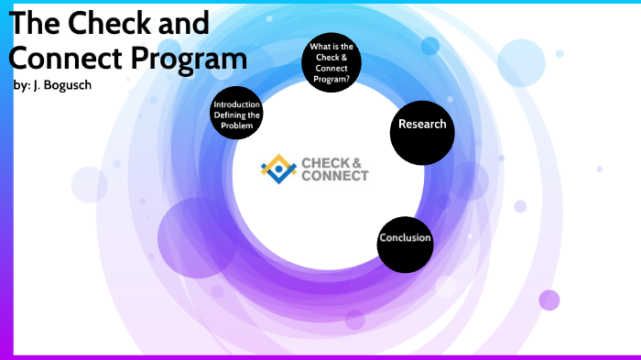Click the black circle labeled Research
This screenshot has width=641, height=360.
point(422,126)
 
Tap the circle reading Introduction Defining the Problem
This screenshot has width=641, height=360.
point(237,114)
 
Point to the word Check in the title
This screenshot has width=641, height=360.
point(121,22)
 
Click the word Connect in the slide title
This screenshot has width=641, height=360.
point(63,58)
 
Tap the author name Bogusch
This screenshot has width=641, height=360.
point(72,85)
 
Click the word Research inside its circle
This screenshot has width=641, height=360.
point(422,125)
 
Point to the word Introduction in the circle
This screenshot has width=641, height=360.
point(237,104)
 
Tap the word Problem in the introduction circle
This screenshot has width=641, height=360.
point(237,125)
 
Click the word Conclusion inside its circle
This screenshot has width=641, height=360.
point(405,239)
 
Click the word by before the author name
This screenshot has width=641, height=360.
point(21,85)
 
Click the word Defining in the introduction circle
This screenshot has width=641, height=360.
point(237,115)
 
